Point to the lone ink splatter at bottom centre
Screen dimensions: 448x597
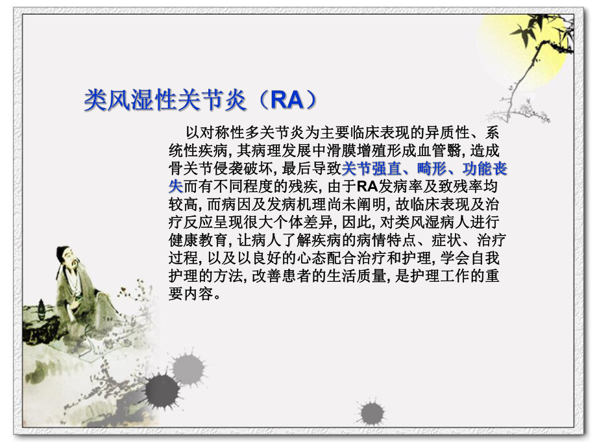coord(371,411)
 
